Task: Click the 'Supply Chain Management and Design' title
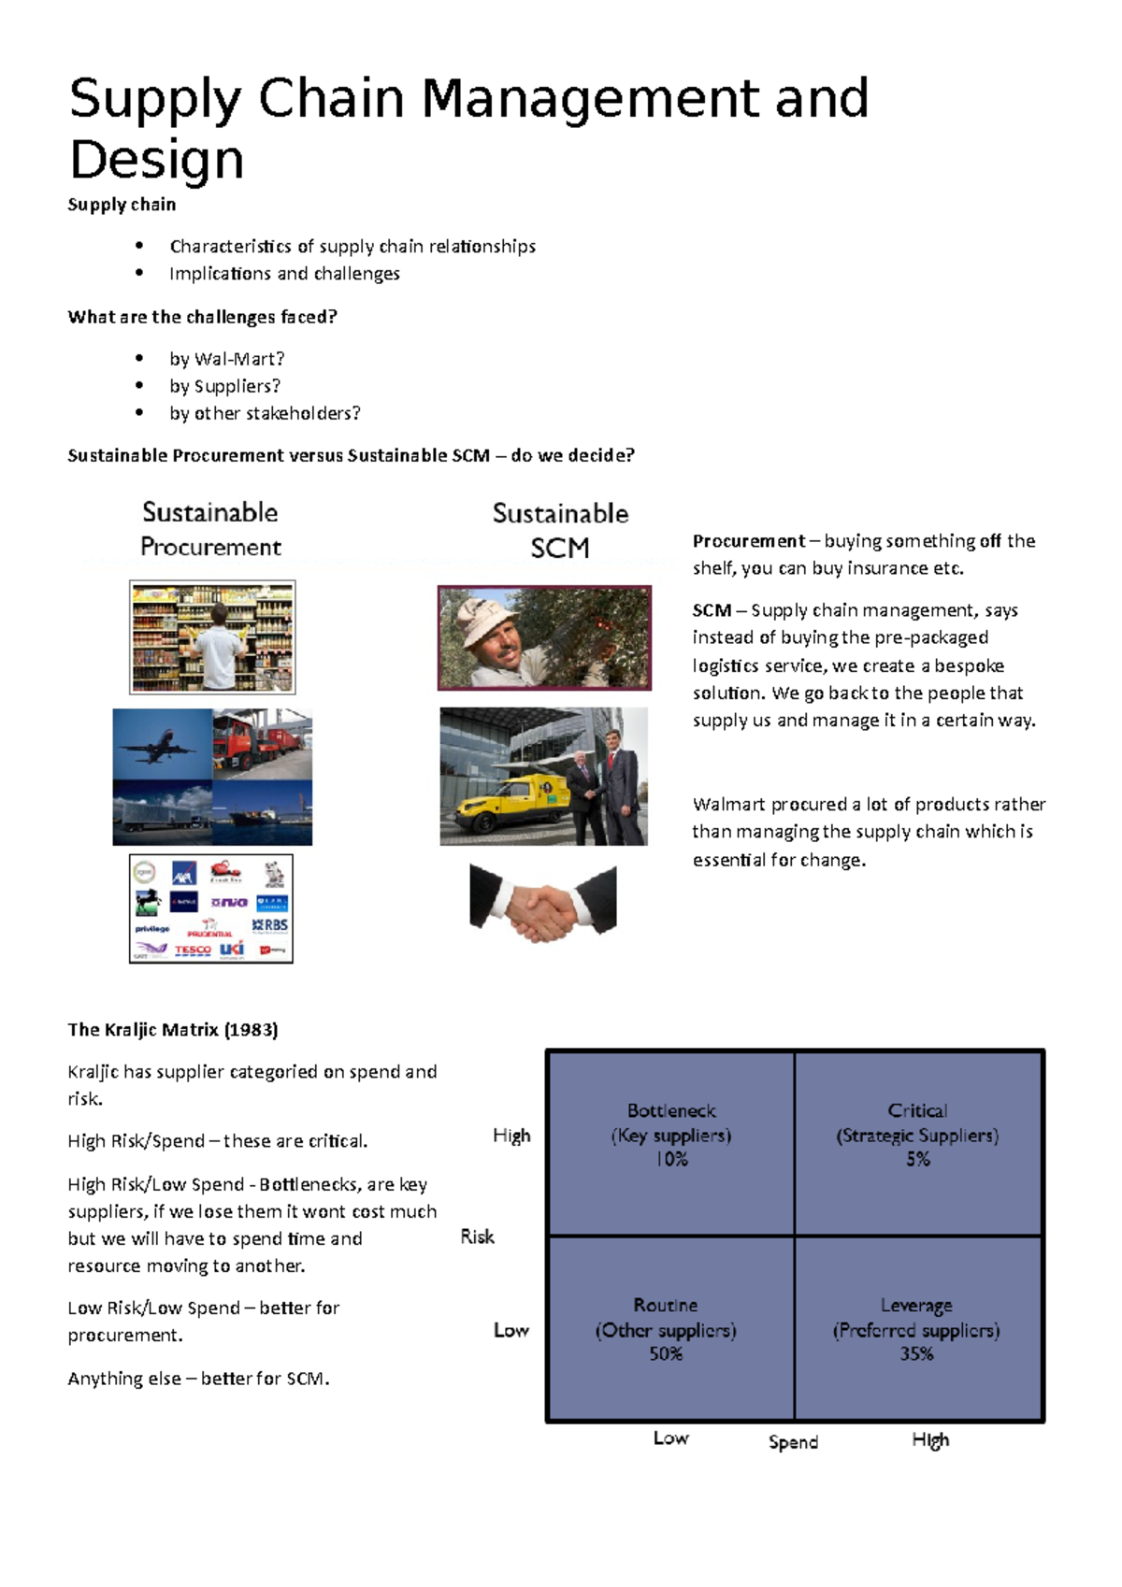tap(467, 128)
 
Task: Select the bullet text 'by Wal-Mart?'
tap(226, 359)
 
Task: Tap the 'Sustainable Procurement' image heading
tap(210, 529)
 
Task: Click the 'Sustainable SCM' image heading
tap(560, 530)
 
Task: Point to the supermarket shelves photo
tap(212, 636)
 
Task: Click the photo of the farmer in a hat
tap(543, 638)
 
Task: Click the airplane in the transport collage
tap(160, 747)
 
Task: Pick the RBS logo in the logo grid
tap(271, 924)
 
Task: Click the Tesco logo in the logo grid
tap(193, 950)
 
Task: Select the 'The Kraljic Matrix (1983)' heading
tap(172, 1030)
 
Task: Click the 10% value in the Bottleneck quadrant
tap(671, 1160)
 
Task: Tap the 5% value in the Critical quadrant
tap(917, 1160)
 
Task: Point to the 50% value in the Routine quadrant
tap(666, 1354)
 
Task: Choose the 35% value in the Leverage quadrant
tap(916, 1354)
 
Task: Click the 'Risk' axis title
tap(477, 1237)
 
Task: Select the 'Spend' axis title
tap(793, 1442)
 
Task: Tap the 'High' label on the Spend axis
tap(930, 1440)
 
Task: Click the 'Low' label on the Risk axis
tap(511, 1330)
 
